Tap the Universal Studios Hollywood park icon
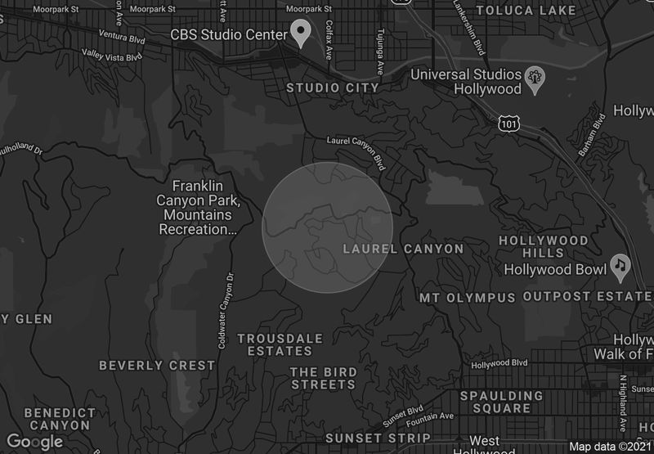535,78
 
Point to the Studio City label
333,88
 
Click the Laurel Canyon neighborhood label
404,248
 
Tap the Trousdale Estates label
280,344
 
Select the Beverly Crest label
157,365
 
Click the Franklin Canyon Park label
198,208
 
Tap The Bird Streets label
324,378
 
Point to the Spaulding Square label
501,402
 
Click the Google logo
34,442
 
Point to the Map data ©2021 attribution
611,447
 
